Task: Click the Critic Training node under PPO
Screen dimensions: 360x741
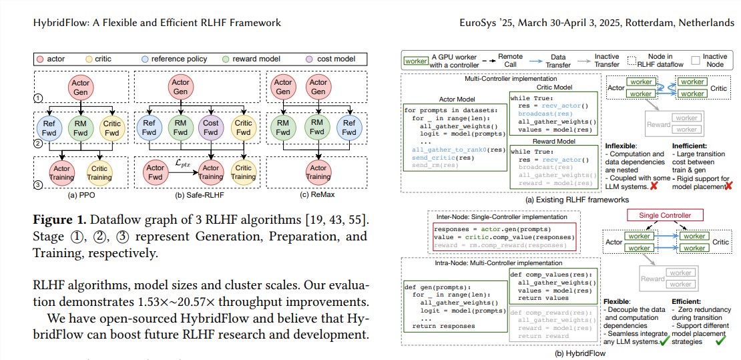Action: pyautogui.click(x=99, y=173)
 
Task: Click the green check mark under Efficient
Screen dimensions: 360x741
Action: pyautogui.click(x=720, y=341)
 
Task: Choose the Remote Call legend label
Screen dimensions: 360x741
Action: pyautogui.click(x=510, y=61)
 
